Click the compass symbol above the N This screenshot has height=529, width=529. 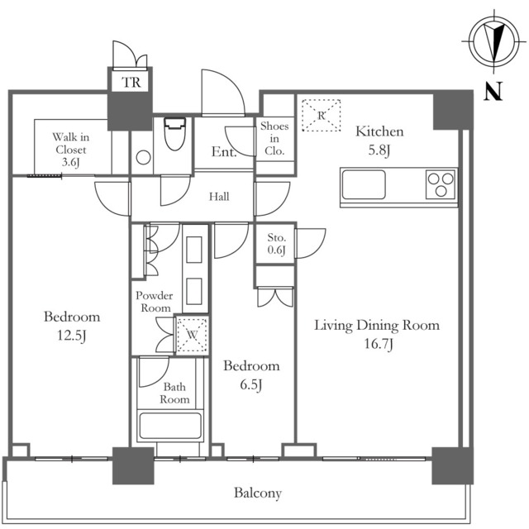(493, 41)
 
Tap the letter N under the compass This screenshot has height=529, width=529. (494, 91)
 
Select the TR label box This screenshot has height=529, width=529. (131, 82)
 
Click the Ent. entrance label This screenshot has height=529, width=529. (224, 153)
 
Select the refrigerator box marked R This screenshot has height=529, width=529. (321, 115)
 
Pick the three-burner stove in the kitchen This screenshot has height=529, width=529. (441, 183)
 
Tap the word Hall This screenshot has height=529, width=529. (219, 197)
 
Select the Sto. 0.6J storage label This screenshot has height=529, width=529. (276, 245)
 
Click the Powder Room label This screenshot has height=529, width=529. (154, 302)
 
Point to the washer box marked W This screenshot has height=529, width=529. (191, 335)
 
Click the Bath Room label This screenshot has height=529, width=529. (174, 393)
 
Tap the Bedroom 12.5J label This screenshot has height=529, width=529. (72, 325)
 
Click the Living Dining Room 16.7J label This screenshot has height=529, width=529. (376, 333)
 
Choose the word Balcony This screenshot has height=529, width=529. (257, 493)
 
